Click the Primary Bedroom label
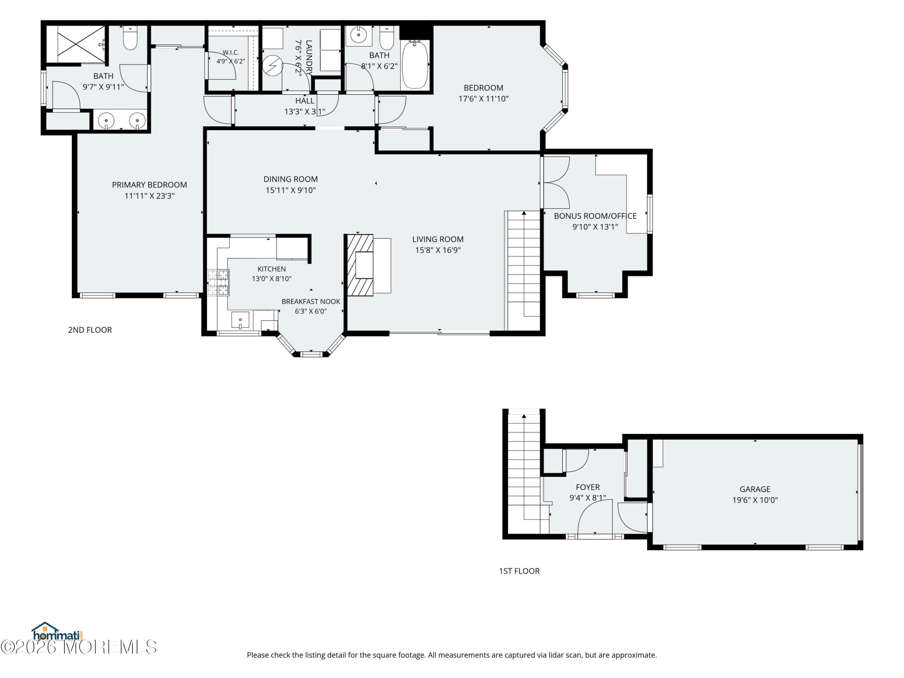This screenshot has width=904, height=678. tap(150, 185)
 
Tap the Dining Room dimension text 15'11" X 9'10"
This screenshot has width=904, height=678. tap(291, 190)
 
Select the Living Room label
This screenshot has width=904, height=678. tap(438, 239)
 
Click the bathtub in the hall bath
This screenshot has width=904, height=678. tap(415, 64)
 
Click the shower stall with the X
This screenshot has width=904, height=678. tap(81, 44)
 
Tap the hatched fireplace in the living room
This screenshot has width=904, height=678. tap(360, 265)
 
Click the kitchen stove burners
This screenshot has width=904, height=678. tap(218, 282)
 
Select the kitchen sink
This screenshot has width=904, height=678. tap(240, 320)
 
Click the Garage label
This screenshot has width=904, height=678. tap(755, 489)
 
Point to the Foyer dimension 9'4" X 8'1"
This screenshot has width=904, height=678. tap(588, 498)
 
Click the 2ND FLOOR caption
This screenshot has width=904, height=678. tap(90, 330)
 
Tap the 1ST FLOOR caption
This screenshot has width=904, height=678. tap(519, 571)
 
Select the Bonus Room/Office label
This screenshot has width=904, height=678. tap(595, 216)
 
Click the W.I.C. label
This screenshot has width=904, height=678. tap(231, 53)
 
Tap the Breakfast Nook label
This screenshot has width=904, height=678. tap(311, 301)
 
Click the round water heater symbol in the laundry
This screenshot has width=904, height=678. tap(272, 65)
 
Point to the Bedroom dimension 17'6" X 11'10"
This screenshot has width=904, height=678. tap(483, 99)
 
